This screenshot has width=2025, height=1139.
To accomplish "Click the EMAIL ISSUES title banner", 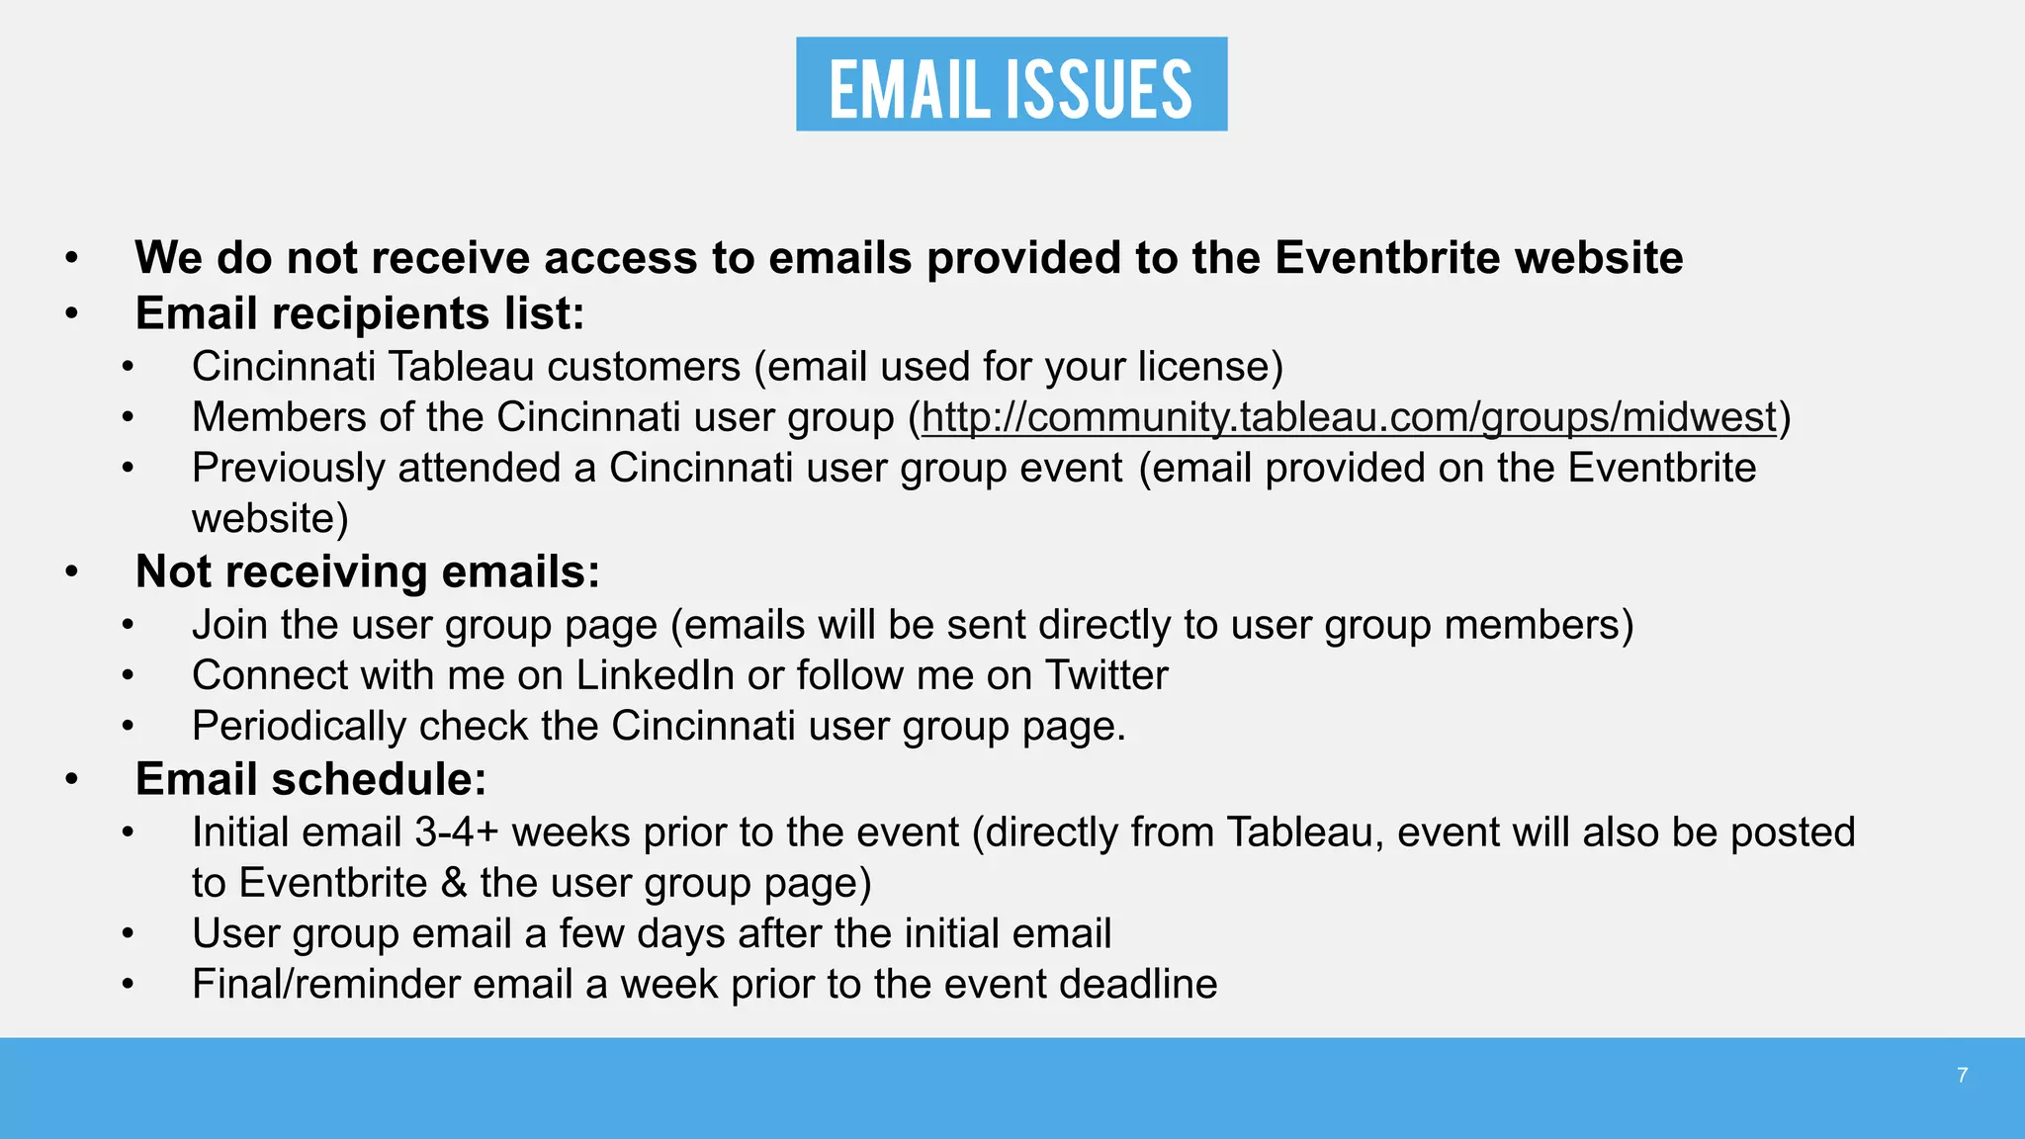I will tap(1012, 85).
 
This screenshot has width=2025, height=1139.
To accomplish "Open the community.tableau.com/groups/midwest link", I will tap(1349, 417).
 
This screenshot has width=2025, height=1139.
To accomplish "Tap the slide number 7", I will tap(1962, 1076).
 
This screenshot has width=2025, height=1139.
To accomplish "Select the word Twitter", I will tap(1106, 675).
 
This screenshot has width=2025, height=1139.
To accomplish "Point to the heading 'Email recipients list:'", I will tap(360, 313).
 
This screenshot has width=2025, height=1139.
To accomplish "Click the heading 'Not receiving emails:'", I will tap(368, 571).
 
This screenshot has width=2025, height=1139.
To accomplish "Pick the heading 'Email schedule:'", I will tap(311, 779).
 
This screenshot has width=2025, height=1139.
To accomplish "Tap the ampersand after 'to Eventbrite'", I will tap(454, 883).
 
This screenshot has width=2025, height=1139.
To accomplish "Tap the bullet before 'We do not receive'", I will tap(71, 259).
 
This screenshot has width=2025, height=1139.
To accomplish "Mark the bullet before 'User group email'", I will tap(128, 934).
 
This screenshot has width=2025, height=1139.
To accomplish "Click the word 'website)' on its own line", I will tap(270, 519).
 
